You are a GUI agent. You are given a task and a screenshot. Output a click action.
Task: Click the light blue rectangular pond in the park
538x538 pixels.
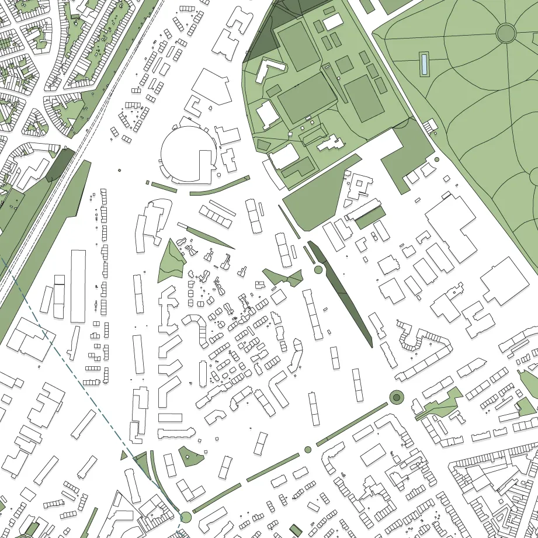point(424,64)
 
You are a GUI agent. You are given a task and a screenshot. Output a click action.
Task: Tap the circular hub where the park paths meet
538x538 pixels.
point(506,33)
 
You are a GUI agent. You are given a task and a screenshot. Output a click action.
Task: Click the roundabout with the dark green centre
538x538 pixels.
point(397,398)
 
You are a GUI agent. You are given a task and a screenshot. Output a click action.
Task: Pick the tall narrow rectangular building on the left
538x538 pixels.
point(78,286)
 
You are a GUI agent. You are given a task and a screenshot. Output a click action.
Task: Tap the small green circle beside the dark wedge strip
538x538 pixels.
point(318,269)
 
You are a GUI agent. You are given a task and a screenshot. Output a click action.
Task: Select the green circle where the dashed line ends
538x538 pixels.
point(186,516)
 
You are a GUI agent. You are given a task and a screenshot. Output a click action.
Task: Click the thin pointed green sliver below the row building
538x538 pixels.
point(207,237)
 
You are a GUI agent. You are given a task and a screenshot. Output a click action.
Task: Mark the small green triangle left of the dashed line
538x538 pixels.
point(124,455)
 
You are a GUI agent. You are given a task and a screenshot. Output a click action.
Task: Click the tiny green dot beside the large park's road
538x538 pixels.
point(436,159)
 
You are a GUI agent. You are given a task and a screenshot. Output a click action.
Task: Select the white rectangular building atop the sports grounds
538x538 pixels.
point(333,22)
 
